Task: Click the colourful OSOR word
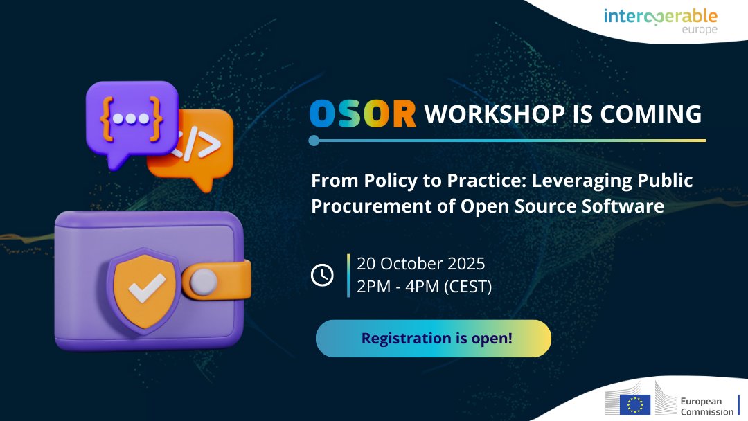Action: tap(363, 114)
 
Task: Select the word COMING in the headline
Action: tap(657, 114)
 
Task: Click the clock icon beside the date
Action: tap(322, 275)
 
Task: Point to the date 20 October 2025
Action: tap(420, 264)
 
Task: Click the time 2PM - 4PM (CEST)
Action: tap(424, 286)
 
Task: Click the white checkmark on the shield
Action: tap(146, 287)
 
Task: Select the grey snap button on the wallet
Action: tap(204, 280)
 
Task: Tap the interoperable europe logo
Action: tap(660, 20)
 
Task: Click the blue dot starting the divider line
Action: tap(314, 141)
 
